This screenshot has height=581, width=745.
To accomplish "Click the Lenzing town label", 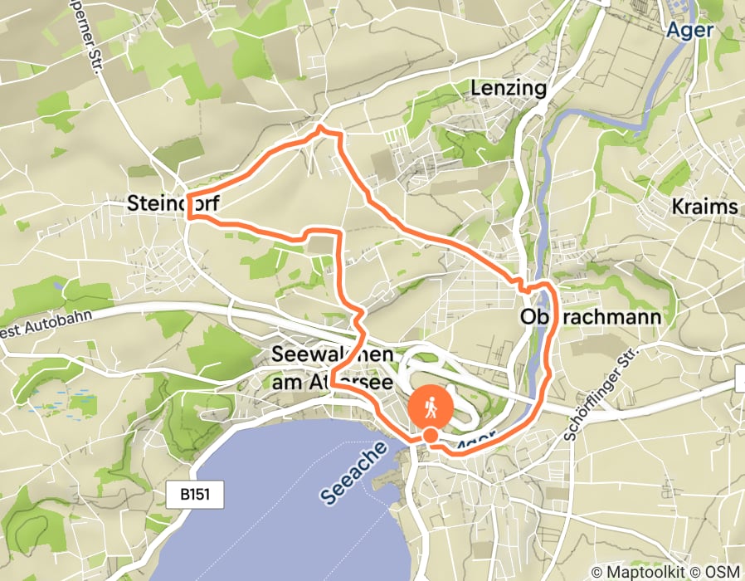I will pyautogui.click(x=508, y=88).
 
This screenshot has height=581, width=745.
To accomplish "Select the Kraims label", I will pyautogui.click(x=706, y=207).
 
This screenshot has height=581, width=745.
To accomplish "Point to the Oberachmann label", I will pyautogui.click(x=590, y=318).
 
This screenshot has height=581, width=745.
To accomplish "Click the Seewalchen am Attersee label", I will pyautogui.click(x=332, y=368).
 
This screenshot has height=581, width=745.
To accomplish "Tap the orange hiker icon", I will pyautogui.click(x=431, y=408).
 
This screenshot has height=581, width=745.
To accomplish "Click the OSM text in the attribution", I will pyautogui.click(x=722, y=573).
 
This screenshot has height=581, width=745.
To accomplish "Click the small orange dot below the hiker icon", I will pyautogui.click(x=431, y=435).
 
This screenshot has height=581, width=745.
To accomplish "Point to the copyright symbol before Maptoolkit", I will pyautogui.click(x=596, y=573).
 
